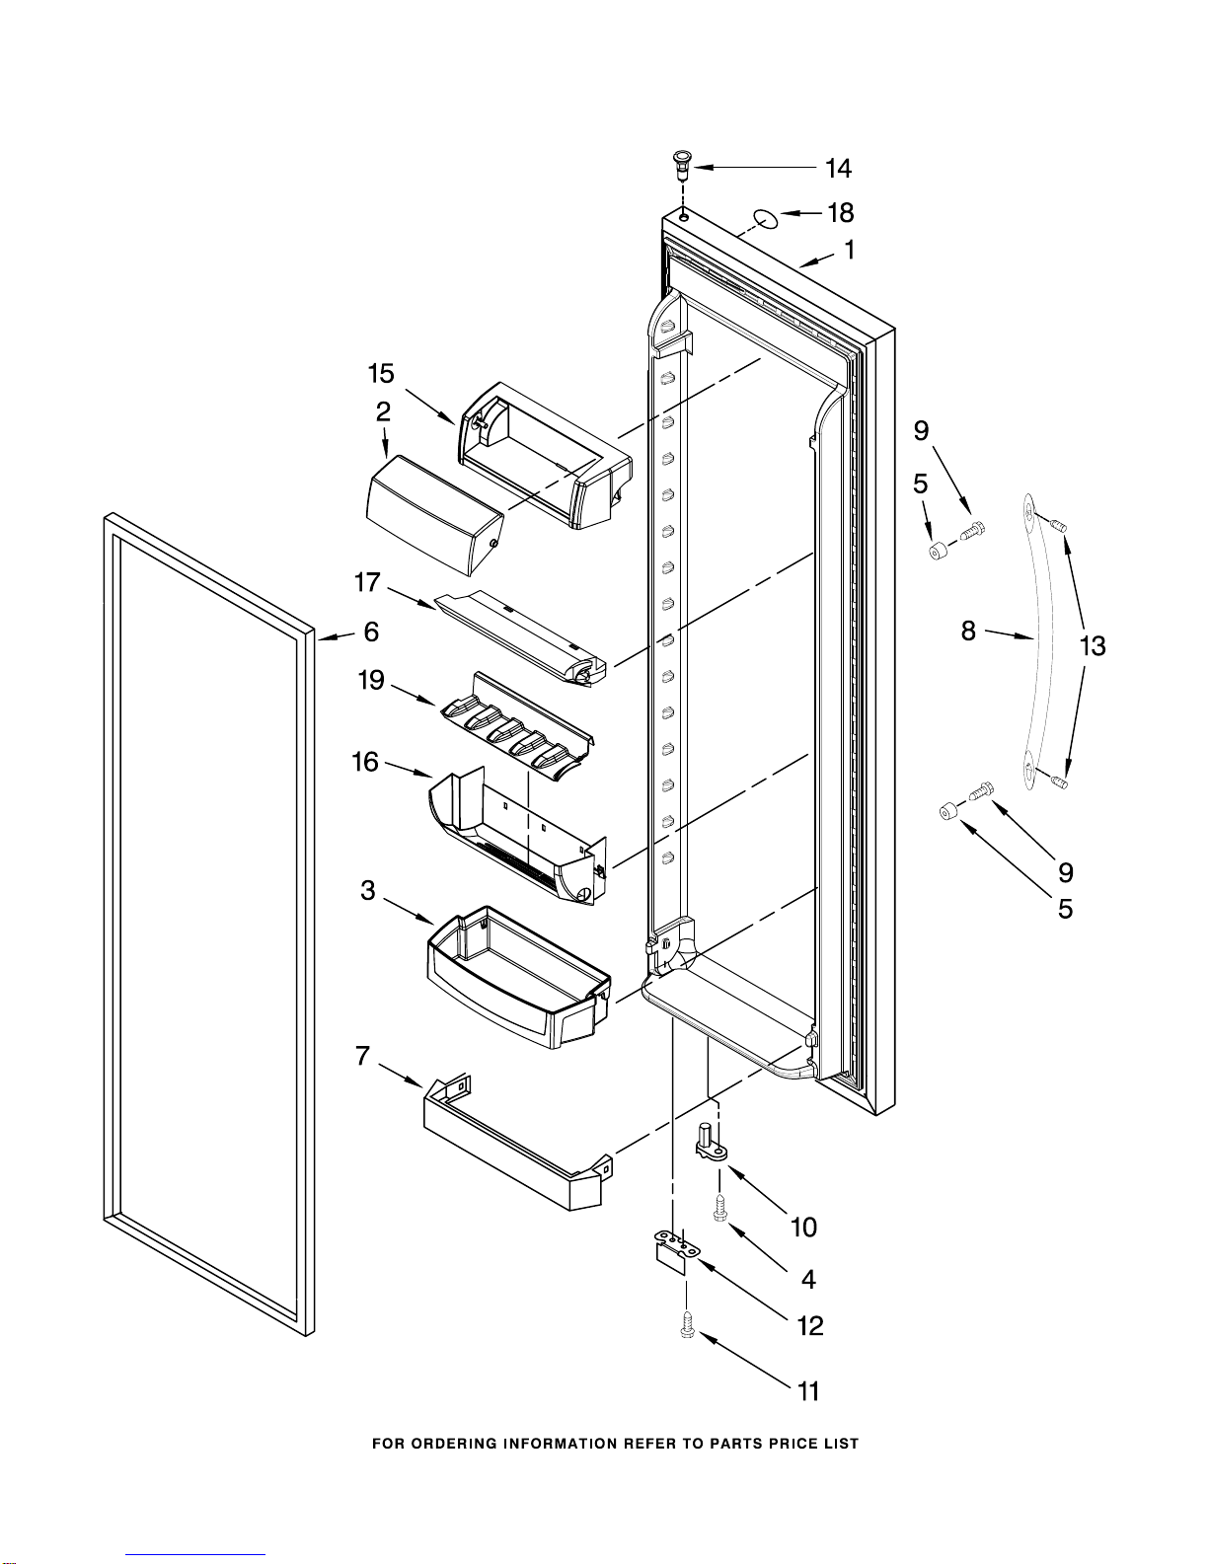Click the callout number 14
838,169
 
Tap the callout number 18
840,212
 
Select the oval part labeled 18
764,218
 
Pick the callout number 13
1092,646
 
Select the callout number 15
381,374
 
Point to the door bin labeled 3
518,977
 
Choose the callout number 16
365,762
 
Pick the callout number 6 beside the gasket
371,632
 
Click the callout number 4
808,1279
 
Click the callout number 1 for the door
849,251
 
